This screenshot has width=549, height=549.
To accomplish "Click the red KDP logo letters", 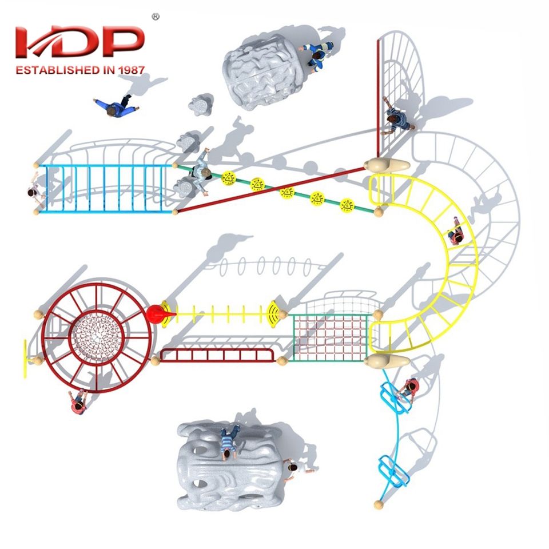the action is click(x=80, y=43).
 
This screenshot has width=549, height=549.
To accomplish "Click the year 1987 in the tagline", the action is click(x=130, y=70).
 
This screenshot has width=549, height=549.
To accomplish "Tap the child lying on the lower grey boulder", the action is click(x=229, y=442).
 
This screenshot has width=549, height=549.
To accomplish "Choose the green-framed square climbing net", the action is click(x=331, y=337).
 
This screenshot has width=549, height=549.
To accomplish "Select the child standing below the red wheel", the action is click(x=79, y=402).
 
